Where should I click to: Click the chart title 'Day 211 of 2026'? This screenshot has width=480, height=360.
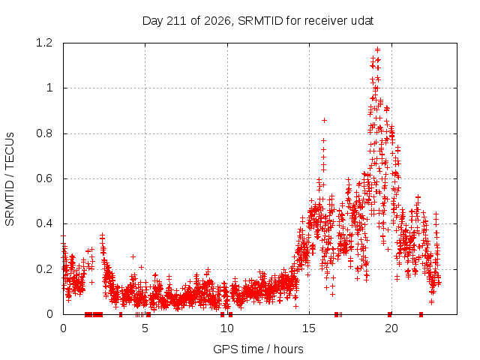(x=187, y=21)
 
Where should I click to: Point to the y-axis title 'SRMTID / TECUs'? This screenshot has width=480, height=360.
(x=10, y=179)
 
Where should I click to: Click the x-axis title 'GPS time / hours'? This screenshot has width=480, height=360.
(x=258, y=349)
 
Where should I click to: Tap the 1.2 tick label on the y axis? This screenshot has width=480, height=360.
(x=44, y=43)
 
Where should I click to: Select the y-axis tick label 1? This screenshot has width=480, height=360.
(x=49, y=88)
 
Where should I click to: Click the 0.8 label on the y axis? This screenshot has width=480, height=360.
(x=44, y=133)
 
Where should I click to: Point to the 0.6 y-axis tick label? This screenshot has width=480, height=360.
(x=44, y=178)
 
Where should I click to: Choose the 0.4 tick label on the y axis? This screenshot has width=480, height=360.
(x=44, y=223)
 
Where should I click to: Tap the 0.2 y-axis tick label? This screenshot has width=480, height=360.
(x=44, y=269)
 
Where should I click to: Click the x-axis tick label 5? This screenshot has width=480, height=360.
(x=145, y=328)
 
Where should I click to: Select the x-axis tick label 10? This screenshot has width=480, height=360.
(x=227, y=328)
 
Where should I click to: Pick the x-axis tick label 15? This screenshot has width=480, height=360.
(x=309, y=328)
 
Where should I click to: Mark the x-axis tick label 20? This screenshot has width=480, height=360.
(x=391, y=328)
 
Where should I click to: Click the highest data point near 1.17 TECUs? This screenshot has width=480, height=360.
(x=378, y=49)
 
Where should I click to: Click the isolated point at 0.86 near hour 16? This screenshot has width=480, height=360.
(x=325, y=120)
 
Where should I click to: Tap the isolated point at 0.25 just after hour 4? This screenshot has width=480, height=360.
(x=133, y=256)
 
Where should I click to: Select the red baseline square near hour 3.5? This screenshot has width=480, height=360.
(x=121, y=314)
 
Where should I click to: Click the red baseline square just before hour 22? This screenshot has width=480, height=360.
(x=421, y=314)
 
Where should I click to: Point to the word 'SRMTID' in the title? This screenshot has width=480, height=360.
(x=260, y=21)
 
